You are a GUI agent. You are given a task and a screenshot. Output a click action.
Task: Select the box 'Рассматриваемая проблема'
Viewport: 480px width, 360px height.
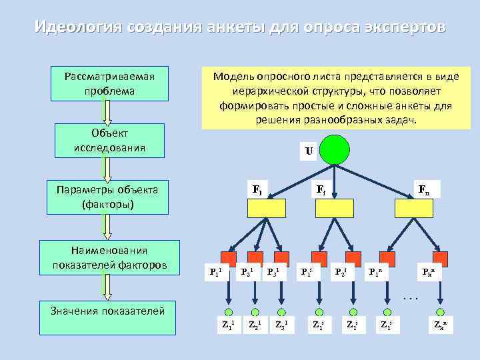point(109,83)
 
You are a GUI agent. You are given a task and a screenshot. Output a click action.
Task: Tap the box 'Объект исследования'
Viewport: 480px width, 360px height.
point(109,140)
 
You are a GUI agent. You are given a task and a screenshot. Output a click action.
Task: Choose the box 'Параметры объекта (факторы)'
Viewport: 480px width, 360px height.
point(109,197)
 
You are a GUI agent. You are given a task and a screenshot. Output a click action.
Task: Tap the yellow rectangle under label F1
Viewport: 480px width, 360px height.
point(267,209)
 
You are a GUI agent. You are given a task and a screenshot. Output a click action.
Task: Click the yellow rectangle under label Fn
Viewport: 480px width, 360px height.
point(414,209)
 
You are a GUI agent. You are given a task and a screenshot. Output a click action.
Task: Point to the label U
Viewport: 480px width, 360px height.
point(308,151)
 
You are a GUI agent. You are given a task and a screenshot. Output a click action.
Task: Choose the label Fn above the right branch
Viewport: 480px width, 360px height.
point(423,189)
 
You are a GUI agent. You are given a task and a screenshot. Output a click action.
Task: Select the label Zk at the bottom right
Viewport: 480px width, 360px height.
point(440,326)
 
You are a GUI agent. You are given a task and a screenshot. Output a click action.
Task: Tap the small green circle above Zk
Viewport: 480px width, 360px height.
point(440,312)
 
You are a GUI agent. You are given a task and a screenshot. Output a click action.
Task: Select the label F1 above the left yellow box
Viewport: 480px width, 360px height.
point(257,189)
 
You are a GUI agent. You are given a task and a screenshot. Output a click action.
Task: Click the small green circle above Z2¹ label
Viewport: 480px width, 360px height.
point(254,312)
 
